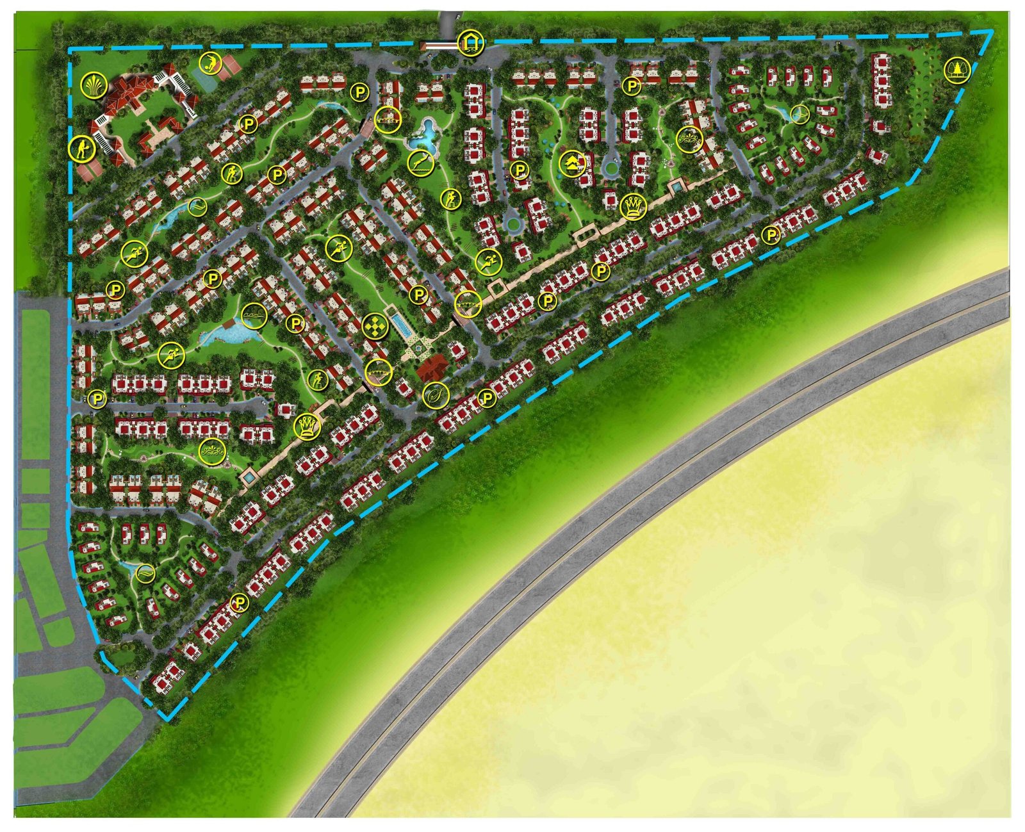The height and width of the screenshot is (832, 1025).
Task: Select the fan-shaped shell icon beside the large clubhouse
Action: (95, 85)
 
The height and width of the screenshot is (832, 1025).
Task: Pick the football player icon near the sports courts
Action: (210, 63)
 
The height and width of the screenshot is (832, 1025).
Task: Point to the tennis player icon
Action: (82, 149)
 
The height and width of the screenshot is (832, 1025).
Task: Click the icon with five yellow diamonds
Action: (375, 326)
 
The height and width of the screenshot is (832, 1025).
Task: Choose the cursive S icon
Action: (435, 395)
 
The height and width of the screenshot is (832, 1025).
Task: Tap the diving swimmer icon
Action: (421, 163)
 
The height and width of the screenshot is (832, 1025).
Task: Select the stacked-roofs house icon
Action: (572, 164)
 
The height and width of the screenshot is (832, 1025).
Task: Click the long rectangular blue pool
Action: (400, 326)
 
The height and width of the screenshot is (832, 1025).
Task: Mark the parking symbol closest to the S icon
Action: (488, 398)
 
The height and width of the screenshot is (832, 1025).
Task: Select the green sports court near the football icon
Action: (204, 81)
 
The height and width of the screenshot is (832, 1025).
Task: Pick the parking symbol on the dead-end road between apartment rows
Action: (97, 399)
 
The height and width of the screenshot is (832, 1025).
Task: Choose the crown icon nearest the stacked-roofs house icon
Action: (634, 206)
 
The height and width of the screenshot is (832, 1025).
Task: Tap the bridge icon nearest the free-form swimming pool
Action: (388, 120)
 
